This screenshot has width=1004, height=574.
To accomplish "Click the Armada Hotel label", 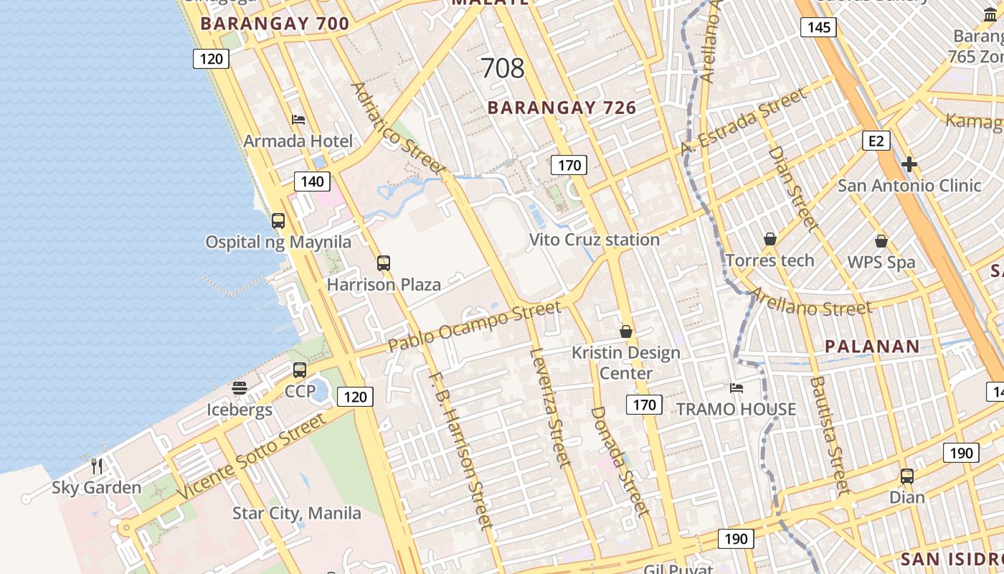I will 298,141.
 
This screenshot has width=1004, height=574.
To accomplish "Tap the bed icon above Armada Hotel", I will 298,119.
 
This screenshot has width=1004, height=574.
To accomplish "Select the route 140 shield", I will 312,182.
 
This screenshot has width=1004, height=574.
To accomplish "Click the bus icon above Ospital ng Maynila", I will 278,221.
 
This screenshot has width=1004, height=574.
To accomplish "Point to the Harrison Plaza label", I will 384,285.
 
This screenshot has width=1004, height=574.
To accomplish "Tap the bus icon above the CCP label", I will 300,370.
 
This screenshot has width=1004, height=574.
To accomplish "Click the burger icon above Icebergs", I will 240,388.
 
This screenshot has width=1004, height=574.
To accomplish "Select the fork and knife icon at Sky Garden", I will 97,466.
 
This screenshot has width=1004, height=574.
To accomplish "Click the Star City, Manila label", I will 296,514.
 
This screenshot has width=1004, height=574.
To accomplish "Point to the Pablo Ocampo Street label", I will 474,326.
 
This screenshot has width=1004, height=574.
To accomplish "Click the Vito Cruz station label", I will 594,240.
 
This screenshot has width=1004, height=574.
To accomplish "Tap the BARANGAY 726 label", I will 562,108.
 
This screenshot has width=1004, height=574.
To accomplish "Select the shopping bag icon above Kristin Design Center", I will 626,331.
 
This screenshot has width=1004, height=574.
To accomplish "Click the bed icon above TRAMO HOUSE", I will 737,388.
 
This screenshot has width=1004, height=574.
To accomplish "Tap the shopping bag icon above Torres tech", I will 770,239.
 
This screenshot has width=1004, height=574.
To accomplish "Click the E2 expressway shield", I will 876,141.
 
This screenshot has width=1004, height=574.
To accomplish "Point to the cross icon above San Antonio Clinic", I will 909,164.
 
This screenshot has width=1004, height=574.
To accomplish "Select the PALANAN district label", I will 872,347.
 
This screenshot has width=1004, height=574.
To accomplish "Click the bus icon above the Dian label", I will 907,476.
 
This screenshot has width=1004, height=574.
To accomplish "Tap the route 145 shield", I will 818,27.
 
